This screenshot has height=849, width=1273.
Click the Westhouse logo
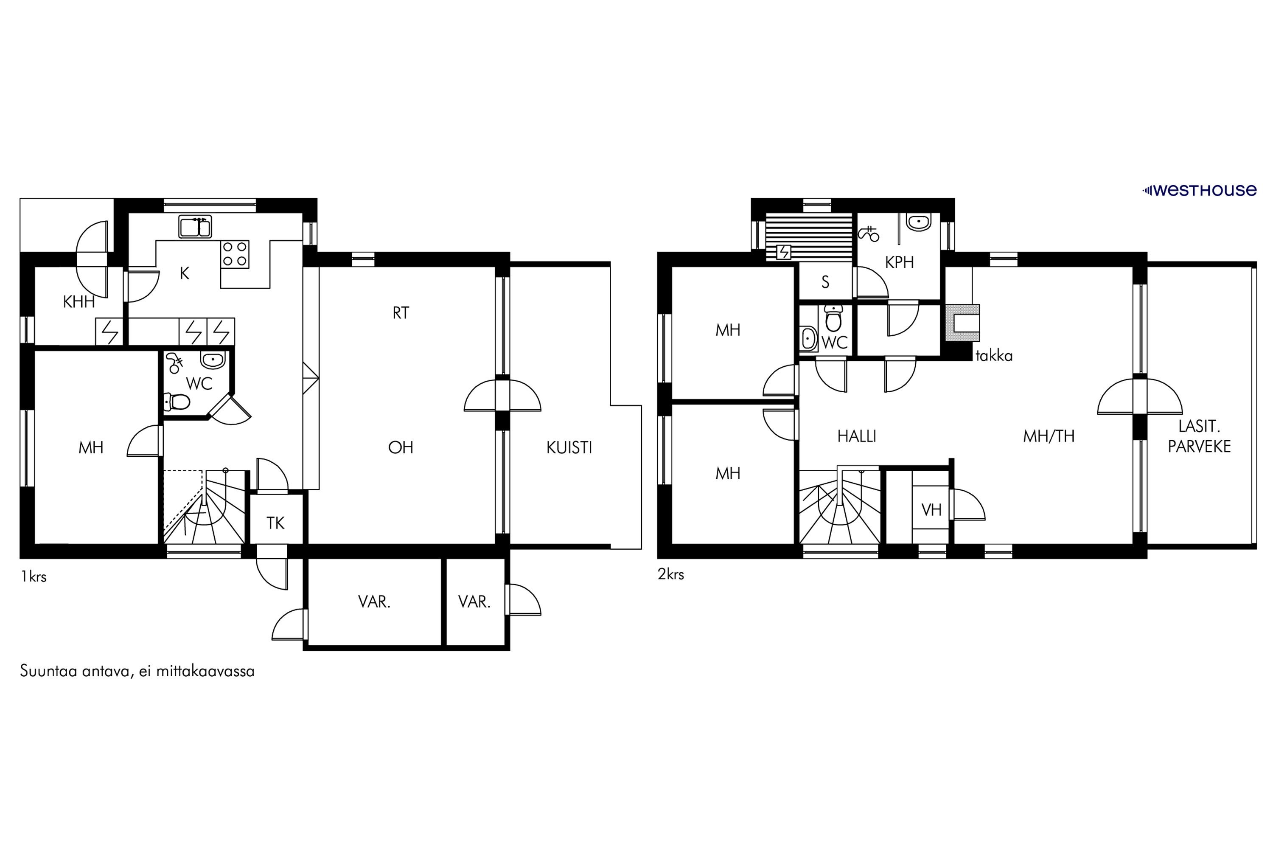coord(1199,190)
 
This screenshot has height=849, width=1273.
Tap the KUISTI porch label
coord(569,448)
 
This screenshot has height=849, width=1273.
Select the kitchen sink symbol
coord(195,227)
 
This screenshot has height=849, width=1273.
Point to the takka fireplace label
coord(994,356)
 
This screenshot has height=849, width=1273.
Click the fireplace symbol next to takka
coord(962,323)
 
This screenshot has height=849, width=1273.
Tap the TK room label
coord(275,523)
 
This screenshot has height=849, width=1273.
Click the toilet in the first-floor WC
coord(177,402)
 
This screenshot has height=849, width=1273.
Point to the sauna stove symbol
coord(784,252)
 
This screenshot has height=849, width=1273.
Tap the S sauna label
coord(825,282)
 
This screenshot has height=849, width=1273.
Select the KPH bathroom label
coord(900,263)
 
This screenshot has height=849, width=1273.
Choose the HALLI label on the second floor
coord(857,436)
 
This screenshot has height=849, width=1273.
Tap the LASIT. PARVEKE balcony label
coord(1200,436)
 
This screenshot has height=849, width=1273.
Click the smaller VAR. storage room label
coord(474,602)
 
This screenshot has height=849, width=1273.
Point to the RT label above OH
coord(401,313)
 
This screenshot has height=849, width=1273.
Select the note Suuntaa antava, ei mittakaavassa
coord(137,672)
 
